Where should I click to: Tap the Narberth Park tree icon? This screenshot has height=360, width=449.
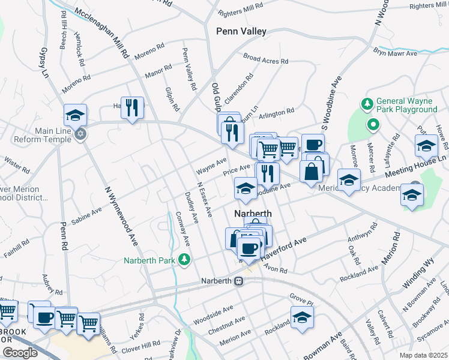click(x=186, y=260)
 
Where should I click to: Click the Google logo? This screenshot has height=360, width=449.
click(x=19, y=353)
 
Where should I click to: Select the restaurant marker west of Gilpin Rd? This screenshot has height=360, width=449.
click(x=133, y=109)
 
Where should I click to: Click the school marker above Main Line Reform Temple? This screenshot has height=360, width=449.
click(x=76, y=114)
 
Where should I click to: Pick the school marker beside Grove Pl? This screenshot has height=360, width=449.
click(x=302, y=317)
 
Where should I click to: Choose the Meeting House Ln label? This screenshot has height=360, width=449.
click(x=416, y=165)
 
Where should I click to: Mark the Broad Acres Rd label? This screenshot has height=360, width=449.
click(x=266, y=59)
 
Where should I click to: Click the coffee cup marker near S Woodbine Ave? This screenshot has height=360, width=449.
click(x=312, y=144)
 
